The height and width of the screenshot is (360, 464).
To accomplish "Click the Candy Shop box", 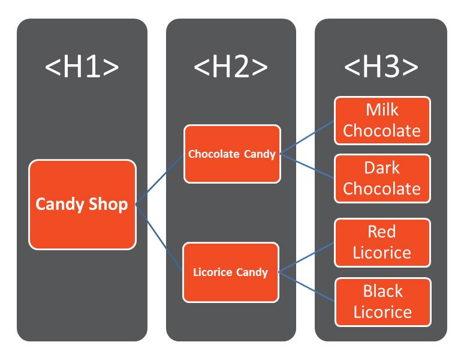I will (x=82, y=205).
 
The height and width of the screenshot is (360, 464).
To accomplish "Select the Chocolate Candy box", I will (x=232, y=154).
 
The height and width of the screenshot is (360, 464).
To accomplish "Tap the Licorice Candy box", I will (x=231, y=272).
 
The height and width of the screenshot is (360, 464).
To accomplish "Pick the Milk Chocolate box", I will (x=382, y=120).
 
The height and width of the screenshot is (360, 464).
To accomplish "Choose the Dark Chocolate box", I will (x=382, y=178).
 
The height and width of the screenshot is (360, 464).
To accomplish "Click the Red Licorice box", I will (x=382, y=242).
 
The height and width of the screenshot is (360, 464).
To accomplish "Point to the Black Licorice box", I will (x=382, y=301).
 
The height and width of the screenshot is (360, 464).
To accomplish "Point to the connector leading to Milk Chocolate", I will (x=307, y=137).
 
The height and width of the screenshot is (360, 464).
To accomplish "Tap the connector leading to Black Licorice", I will (x=307, y=286).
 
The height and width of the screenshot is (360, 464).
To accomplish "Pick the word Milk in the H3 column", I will (x=382, y=110).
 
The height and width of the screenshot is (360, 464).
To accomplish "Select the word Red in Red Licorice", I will (x=382, y=232).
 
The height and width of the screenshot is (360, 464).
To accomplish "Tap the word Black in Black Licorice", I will (x=382, y=291).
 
